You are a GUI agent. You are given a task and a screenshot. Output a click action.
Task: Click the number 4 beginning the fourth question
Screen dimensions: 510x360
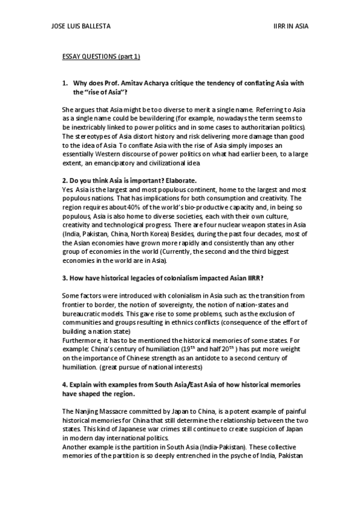coord(65,384)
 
